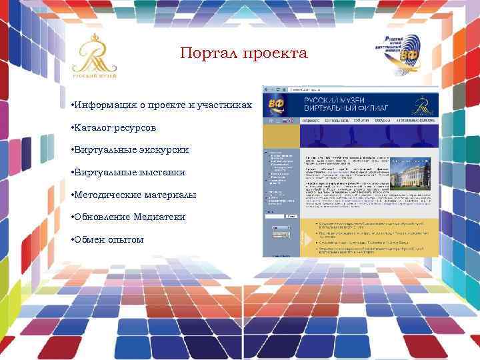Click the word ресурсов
coord(141,127)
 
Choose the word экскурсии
coord(162,149)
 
